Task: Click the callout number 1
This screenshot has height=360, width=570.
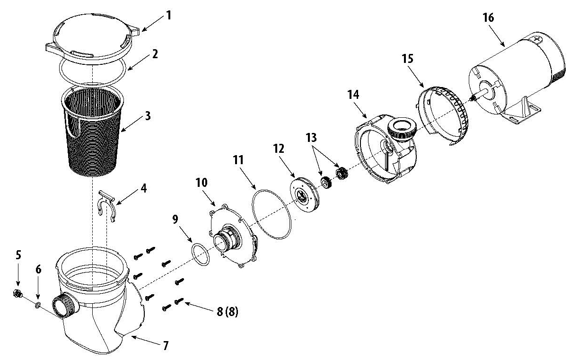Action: pos(169,15)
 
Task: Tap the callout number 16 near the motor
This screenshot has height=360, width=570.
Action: pos(488,18)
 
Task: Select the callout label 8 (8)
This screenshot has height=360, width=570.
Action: pos(227,312)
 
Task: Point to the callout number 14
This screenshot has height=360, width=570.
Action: pos(353,95)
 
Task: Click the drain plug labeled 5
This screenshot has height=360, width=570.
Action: pos(18,294)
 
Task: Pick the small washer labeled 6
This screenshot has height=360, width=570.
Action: pos(38,305)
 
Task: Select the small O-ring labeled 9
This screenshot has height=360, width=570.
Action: pos(201,255)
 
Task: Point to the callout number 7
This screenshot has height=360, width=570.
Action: pos(166,346)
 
